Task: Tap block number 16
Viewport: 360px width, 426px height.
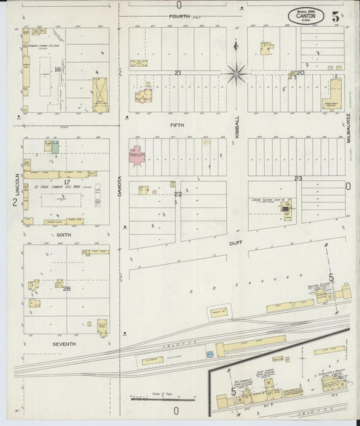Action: pos(59,70)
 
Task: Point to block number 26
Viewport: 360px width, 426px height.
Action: pos(66,288)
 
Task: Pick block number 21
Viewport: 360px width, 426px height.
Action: pos(178,72)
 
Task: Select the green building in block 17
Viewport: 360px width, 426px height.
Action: pos(55,147)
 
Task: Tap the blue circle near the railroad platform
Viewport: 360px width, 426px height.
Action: pos(209,353)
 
